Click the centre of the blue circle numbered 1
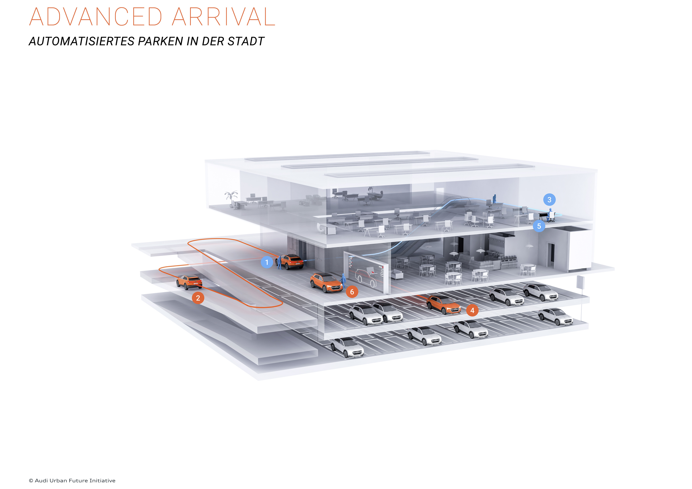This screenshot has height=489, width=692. [267, 262]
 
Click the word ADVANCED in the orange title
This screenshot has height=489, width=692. [96, 17]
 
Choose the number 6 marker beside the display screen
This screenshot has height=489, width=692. [352, 292]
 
